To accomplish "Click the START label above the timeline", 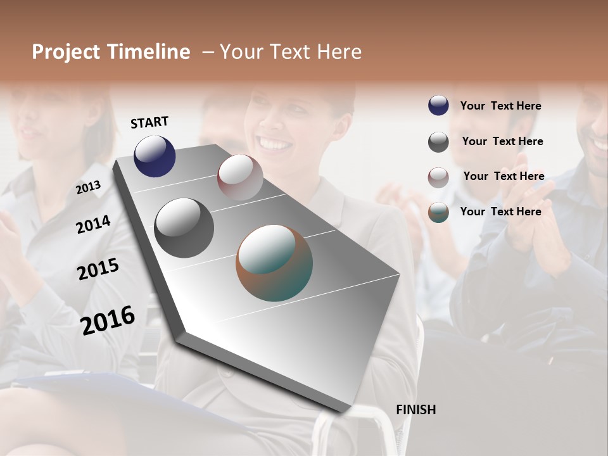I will coord(149,122).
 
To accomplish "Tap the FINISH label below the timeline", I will coord(415,410).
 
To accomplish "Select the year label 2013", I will coord(88,187).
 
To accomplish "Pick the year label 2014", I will coord(93,224).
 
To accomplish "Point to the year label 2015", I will coord(98,269).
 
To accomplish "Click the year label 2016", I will coord(108,320).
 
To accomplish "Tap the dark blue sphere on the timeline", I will coord(155,156).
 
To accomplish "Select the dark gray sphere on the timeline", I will coord(184,228).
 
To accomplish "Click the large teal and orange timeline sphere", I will coord(274,263).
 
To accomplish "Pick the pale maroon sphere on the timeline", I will coord(240,177).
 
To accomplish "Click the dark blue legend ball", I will coord(438,106).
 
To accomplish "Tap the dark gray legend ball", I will coord(438,142).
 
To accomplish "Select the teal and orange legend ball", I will coord(438,213).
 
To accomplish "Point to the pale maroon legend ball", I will coord(438,177).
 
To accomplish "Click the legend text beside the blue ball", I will coord(500,106).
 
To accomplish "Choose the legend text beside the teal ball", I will coord(500,212).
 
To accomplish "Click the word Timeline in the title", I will coord(148,52).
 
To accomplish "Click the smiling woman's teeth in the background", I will coord(274,144).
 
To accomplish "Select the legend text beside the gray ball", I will coord(502,141).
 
